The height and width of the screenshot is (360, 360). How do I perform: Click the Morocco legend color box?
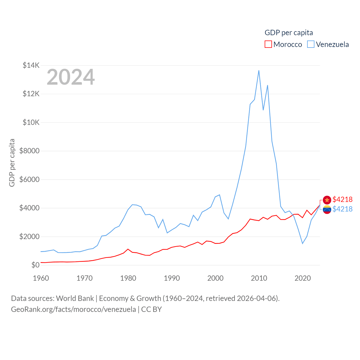(x=268, y=44)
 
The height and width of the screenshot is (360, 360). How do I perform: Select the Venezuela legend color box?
(x=310, y=44)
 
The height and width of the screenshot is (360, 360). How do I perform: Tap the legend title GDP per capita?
(x=289, y=33)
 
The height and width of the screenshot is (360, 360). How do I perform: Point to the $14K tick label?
(x=31, y=65)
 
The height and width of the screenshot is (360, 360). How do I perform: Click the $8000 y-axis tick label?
(x=29, y=151)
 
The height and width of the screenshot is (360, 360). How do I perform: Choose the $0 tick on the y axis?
(x=35, y=265)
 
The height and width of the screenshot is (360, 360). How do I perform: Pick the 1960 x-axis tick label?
(x=41, y=278)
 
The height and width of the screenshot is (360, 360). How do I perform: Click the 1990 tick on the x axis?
(x=172, y=278)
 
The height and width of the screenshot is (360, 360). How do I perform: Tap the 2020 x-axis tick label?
(x=302, y=278)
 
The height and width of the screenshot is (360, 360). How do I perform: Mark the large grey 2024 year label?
(x=71, y=77)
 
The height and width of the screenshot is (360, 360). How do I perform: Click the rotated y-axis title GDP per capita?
(x=12, y=163)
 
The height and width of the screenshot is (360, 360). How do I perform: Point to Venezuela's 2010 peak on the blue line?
(x=259, y=71)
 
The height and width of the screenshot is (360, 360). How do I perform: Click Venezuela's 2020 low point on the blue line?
(x=302, y=243)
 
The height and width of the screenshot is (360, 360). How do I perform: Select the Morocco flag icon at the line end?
(x=327, y=200)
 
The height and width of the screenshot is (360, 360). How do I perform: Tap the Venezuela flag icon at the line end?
(x=327, y=209)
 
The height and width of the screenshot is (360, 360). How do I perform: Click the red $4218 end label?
(x=342, y=199)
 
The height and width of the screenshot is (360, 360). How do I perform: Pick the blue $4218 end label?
(x=342, y=209)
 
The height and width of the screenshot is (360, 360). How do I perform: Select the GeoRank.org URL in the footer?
(x=73, y=309)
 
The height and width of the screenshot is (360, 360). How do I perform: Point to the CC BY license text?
(x=151, y=309)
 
